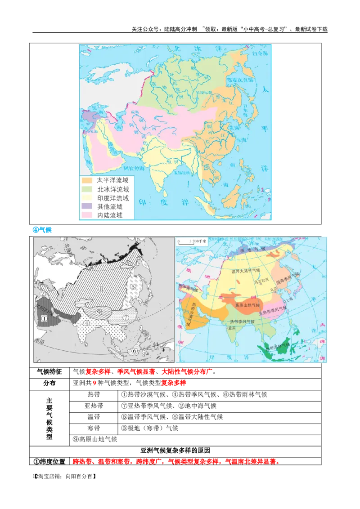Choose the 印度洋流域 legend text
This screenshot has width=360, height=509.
pyautogui.click(x=113, y=198)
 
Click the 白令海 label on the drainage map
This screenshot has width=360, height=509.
pyautogui.click(x=260, y=54)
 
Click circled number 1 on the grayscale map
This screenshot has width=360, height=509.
pyautogui.click(x=45, y=318)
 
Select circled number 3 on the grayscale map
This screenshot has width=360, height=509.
pyautogui.click(x=103, y=261)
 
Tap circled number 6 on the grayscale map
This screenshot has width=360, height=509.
pyautogui.click(x=134, y=351)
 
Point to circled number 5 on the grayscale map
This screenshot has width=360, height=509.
pyautogui.click(x=133, y=286)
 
